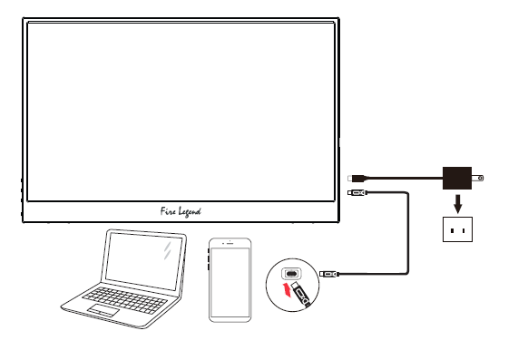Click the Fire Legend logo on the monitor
click(176, 210)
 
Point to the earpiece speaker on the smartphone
click(230, 244)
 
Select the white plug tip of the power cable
click(352, 177)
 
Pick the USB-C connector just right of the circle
click(330, 272)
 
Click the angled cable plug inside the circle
click(305, 294)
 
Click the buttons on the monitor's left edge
click(21, 195)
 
